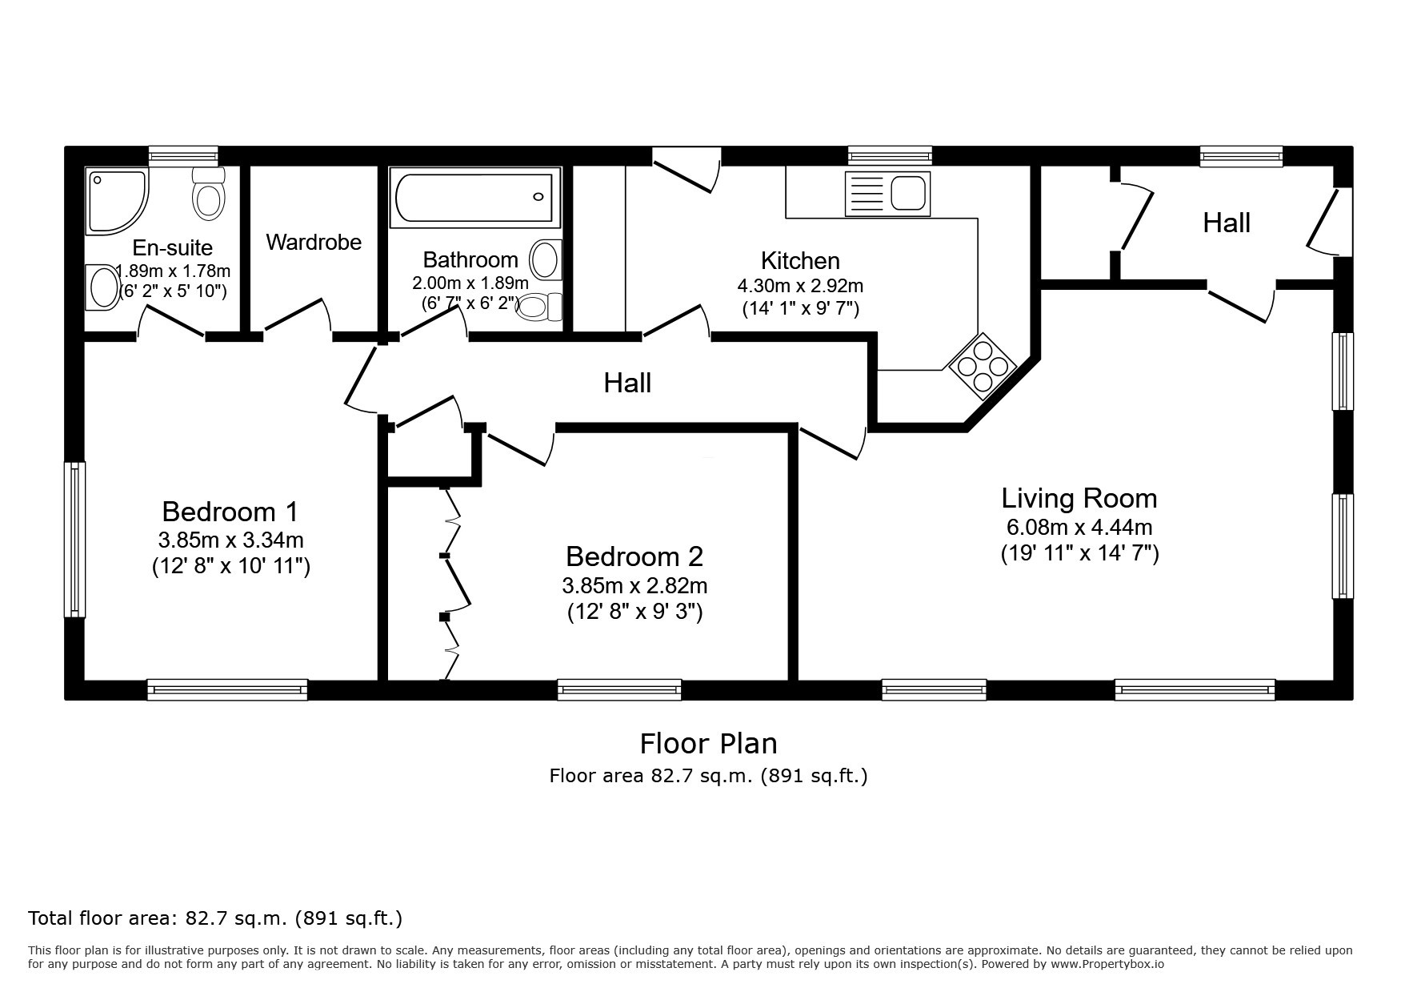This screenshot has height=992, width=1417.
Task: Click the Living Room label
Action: [x=1079, y=498]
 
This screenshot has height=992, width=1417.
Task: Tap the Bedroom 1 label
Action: [x=230, y=511]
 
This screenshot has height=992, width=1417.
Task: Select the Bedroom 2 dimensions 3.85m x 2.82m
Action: [x=634, y=586]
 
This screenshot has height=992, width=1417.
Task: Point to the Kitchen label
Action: [x=800, y=260]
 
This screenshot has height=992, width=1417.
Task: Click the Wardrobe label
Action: [x=314, y=242]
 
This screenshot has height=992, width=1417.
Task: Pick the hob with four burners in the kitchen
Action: [x=982, y=365]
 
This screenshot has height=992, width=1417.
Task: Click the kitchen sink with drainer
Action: [x=888, y=193]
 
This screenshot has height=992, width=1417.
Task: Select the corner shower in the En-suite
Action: [x=117, y=201]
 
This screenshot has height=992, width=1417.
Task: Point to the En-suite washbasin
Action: [x=102, y=287]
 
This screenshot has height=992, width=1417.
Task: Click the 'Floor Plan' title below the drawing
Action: [x=708, y=744]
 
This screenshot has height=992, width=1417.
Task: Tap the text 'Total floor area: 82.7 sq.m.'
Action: [x=158, y=918]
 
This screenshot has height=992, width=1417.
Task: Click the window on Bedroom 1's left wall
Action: [x=75, y=539]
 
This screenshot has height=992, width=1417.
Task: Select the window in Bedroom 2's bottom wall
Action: [x=619, y=689]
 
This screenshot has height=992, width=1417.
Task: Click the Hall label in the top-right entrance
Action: [x=1227, y=223]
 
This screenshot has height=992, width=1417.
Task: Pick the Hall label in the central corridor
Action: [x=627, y=383]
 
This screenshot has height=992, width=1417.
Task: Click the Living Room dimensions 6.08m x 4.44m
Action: [x=1079, y=528]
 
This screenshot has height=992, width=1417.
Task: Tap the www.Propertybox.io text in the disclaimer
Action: [x=1107, y=964]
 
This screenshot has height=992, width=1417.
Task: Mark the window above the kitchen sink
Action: [x=890, y=156]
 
